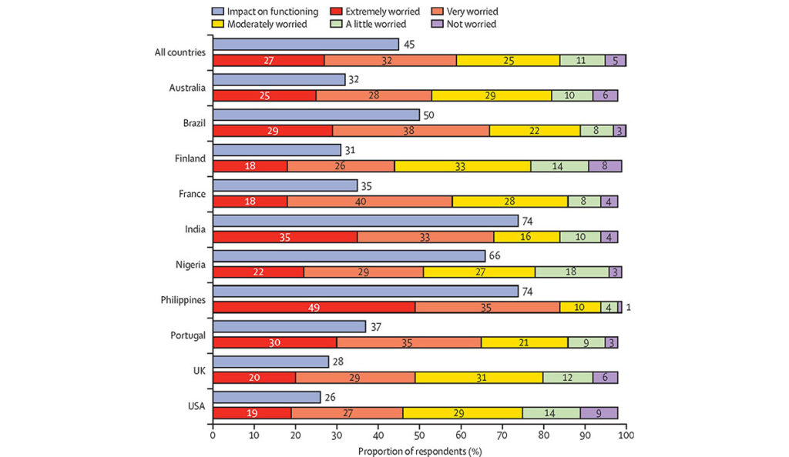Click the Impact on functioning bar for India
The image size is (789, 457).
click(x=365, y=222)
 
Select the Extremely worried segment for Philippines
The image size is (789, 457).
click(x=314, y=307)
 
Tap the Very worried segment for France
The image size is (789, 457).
click(x=370, y=202)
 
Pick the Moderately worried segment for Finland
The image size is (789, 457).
click(x=462, y=166)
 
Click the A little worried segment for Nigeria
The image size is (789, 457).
click(x=572, y=272)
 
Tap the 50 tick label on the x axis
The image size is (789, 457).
click(x=419, y=436)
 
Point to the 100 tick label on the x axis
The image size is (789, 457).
click(x=626, y=436)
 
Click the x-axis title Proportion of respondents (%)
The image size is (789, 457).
click(x=419, y=451)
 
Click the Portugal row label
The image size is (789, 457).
click(x=186, y=334)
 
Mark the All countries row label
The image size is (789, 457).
click(x=180, y=52)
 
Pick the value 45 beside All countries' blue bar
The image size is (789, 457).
click(x=409, y=44)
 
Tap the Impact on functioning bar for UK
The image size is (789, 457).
click(x=270, y=362)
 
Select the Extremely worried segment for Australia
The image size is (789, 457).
click(x=264, y=95)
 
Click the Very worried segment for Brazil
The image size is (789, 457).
click(x=411, y=131)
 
